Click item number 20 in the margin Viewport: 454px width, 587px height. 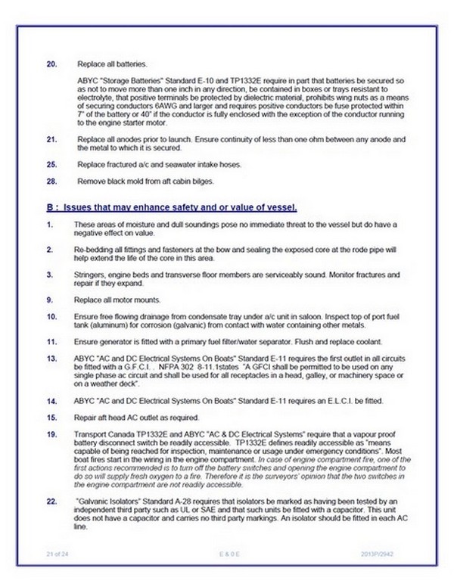51,65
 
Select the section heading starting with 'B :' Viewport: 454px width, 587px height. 169,207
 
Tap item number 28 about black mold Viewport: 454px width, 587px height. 51,182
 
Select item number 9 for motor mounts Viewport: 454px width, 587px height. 49,300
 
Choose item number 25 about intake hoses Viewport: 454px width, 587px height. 51,165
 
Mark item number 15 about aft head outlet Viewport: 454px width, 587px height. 51,418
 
